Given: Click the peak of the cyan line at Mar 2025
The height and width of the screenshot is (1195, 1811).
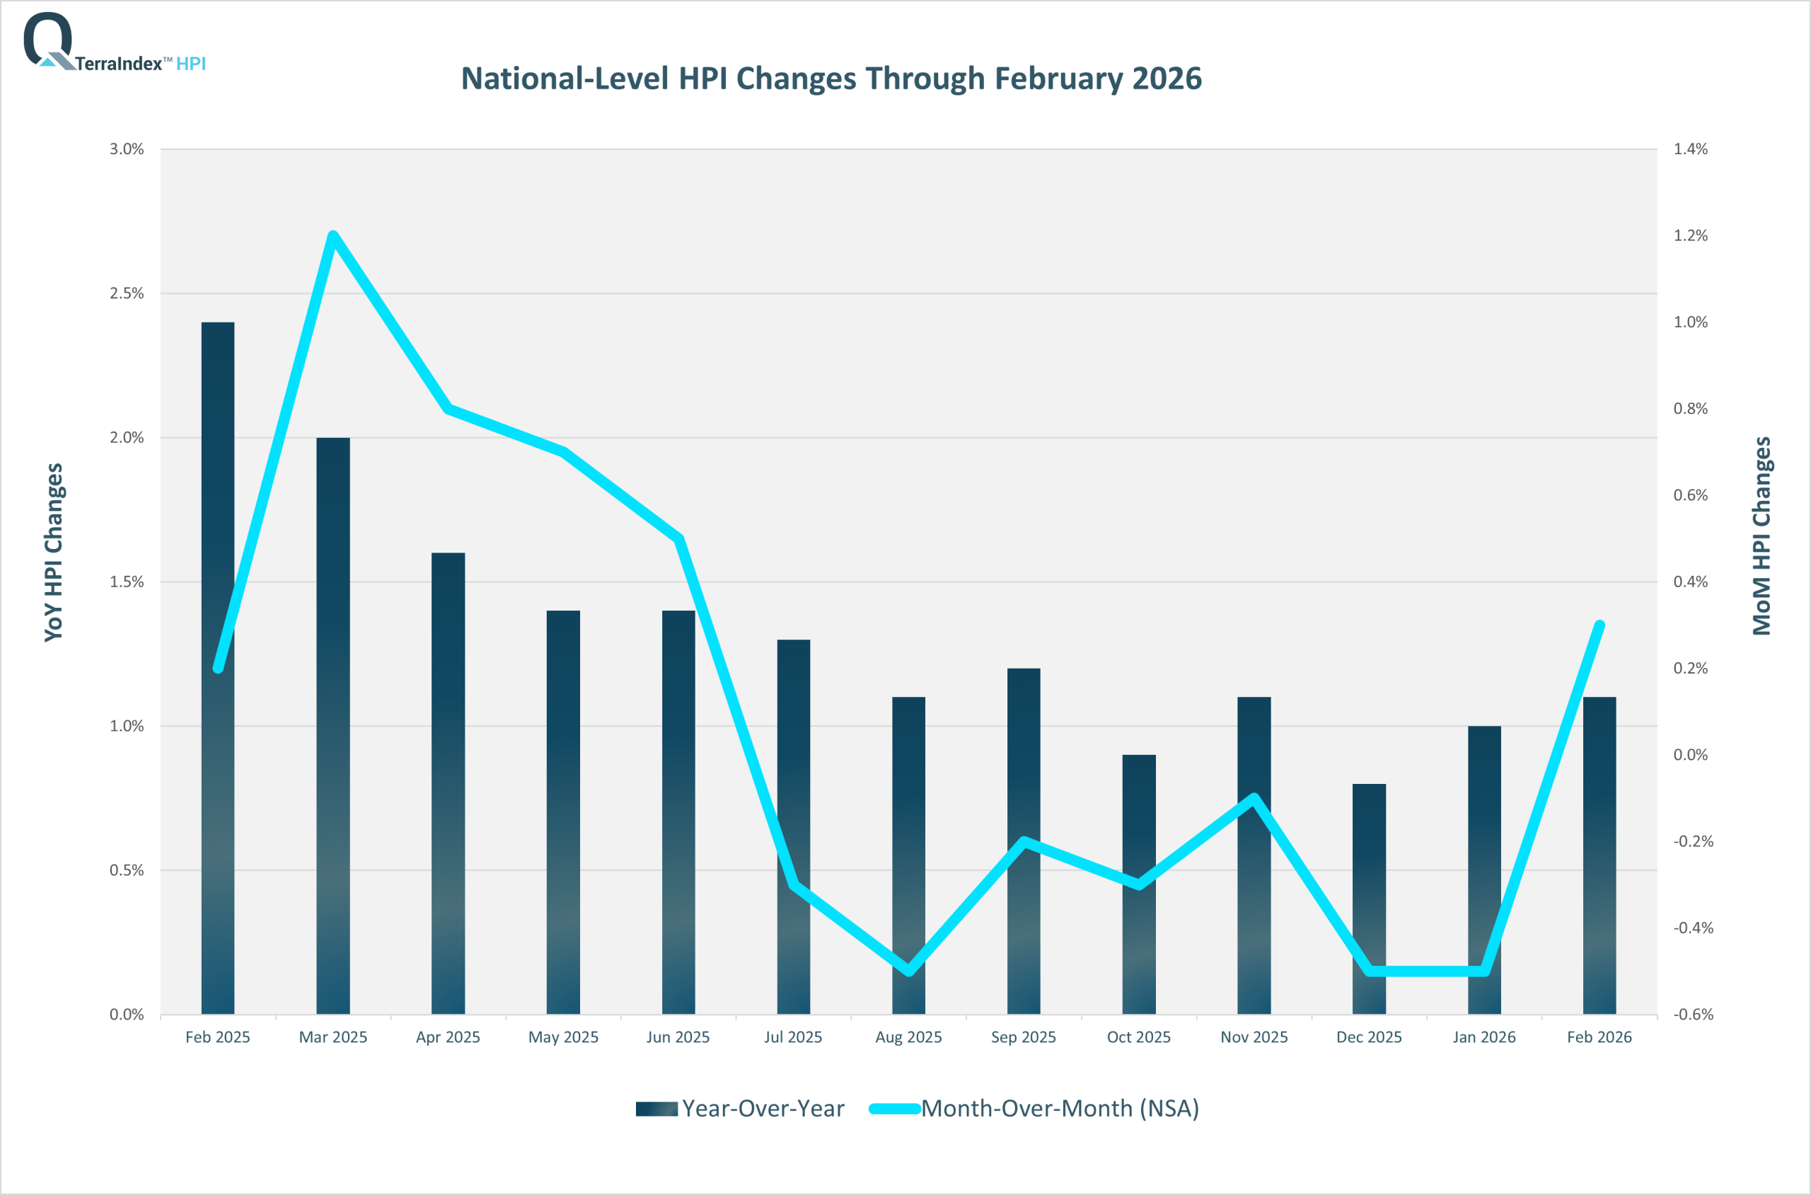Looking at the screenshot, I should click(x=333, y=235).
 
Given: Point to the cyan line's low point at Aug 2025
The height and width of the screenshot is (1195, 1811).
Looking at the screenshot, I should click(x=908, y=971).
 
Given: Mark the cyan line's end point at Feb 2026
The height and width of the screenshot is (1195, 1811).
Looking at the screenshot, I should click(x=1599, y=625).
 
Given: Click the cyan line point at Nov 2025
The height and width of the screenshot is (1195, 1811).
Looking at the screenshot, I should click(x=1254, y=798).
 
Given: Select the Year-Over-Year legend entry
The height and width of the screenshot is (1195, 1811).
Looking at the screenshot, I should click(x=740, y=1108).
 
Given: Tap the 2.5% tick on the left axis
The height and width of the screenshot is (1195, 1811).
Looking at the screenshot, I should click(x=127, y=294).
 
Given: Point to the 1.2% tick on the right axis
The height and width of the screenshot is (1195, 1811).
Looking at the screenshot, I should click(x=1690, y=236).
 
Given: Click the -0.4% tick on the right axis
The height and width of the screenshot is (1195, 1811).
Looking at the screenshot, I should click(x=1692, y=928).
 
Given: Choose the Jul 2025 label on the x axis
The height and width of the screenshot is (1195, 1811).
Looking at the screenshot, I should click(x=793, y=1037).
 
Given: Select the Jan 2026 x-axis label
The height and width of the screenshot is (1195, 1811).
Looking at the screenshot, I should click(x=1483, y=1037).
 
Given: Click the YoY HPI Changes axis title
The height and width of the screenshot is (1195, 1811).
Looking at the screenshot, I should click(x=53, y=553).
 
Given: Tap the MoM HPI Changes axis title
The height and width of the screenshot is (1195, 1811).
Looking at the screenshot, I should click(x=1761, y=536).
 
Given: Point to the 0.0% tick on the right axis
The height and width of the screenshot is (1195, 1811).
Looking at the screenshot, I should click(x=1690, y=754).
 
